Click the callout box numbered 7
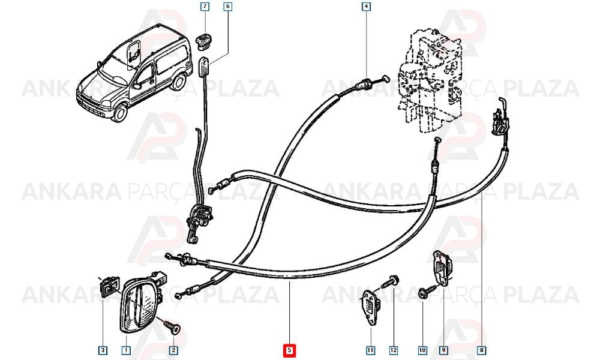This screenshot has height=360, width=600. point(205,7)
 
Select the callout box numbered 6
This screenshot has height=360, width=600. point(227,7)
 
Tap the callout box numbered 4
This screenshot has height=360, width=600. point(366,7)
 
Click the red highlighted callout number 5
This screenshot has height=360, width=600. point(289,350)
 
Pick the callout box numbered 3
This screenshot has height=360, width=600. point(103,350)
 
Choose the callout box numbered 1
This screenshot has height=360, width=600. point(126,350)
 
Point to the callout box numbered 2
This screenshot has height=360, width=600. point(173,350)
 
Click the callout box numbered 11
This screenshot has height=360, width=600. point(370,350)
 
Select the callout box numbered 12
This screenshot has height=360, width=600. point(394,350)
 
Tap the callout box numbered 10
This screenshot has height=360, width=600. point(422,350)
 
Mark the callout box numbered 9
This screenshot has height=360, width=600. point(443,350)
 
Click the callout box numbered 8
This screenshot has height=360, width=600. point(481,350)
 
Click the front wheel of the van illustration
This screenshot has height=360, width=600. point(119,112)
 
